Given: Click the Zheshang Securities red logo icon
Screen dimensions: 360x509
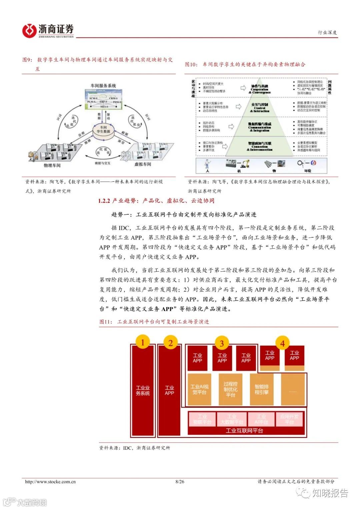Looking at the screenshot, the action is tap(29, 31).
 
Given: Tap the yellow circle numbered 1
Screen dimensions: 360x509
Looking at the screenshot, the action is tap(143, 343).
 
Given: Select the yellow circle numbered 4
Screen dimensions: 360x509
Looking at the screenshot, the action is tap(283, 343).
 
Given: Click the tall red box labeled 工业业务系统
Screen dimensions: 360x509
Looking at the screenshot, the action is tap(143, 390).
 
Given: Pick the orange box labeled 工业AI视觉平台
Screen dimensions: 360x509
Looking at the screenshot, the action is tap(199, 389).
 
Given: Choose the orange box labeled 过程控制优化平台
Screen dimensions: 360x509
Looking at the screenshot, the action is tap(230, 389).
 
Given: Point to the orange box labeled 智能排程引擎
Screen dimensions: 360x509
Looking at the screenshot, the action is tap(261, 389).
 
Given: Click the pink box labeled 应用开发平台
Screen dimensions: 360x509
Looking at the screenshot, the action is tap(289, 419).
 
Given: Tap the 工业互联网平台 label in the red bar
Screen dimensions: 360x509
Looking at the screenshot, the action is tap(244, 431).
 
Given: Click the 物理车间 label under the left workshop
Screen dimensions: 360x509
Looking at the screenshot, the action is tap(52, 165).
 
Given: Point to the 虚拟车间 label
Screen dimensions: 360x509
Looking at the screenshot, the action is tap(143, 164).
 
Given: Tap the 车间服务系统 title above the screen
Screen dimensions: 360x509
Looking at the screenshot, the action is tap(103, 86).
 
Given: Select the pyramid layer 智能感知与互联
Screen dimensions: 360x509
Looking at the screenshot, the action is tap(260, 146).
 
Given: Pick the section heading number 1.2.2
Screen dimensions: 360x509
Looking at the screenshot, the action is tap(104, 201).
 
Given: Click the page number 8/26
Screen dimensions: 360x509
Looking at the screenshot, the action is tap(180, 481).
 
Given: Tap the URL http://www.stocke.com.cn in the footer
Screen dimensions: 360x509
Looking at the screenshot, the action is tap(50, 481).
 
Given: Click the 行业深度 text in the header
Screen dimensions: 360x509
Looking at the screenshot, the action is tap(327, 32).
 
